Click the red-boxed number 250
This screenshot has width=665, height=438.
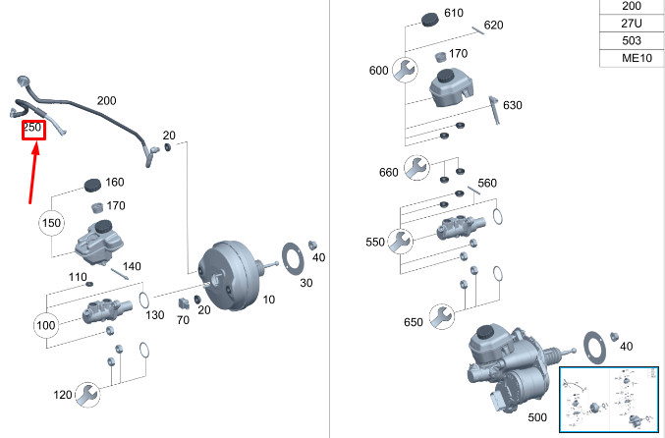[x=32, y=129]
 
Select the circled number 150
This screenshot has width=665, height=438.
[x=51, y=223]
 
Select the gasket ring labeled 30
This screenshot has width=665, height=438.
[x=295, y=257]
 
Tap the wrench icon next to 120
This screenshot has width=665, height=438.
[x=88, y=395]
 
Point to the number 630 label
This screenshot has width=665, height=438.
[x=513, y=105]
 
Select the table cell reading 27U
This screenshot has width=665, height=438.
[x=631, y=23]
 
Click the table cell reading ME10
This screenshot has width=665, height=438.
[x=631, y=58]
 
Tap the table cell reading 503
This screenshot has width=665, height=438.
[x=631, y=40]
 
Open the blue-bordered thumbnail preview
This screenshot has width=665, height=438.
[x=609, y=399]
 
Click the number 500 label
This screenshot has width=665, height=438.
[x=510, y=418]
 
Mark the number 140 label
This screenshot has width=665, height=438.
[x=132, y=266]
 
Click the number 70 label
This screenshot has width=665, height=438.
[x=183, y=320]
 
